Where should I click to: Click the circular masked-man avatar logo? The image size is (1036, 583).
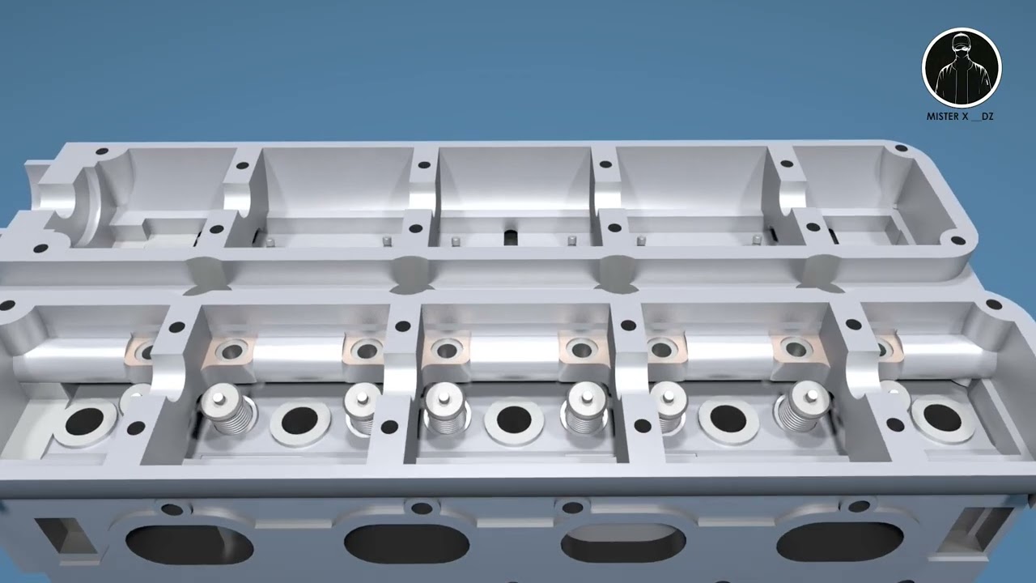tap(962, 68)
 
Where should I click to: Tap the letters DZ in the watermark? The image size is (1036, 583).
tap(987, 117)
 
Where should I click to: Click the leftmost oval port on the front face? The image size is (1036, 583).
tap(189, 546)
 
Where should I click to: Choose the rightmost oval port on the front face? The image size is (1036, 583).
tap(839, 542)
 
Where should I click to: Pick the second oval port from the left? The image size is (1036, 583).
tap(407, 544)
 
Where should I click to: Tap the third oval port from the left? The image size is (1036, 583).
tap(623, 543)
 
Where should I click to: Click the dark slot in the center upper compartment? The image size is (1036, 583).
tap(510, 236)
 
